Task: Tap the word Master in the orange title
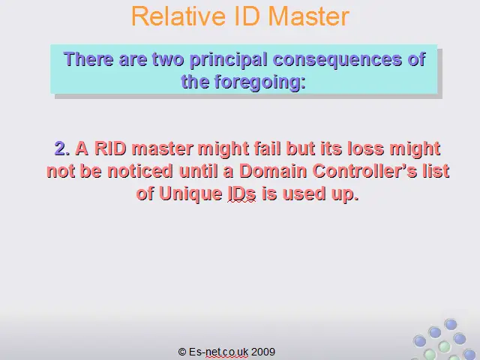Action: click(x=308, y=16)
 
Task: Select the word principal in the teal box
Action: click(x=228, y=60)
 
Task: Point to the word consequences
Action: click(x=337, y=59)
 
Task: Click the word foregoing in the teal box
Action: click(x=259, y=82)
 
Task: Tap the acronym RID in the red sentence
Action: click(x=110, y=148)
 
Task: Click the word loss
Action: click(x=365, y=148)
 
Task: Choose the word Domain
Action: click(x=273, y=171)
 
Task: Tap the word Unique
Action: click(x=190, y=193)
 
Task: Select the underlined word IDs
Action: click(x=241, y=193)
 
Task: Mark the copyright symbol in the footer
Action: click(x=181, y=352)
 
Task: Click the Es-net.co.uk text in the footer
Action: click(x=218, y=352)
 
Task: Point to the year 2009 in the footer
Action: click(x=263, y=352)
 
